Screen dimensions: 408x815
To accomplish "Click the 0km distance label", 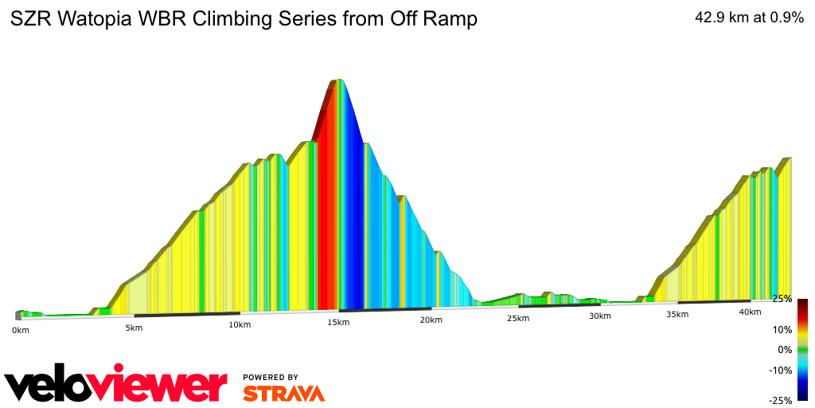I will [21, 330].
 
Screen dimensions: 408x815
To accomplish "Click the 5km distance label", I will [134, 328].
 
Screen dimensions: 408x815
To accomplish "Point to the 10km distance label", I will [240, 324].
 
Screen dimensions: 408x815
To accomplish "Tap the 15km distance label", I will [338, 322].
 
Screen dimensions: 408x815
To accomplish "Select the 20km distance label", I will [431, 320].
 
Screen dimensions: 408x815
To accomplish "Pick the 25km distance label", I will [517, 318].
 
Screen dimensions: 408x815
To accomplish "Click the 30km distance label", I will [599, 316].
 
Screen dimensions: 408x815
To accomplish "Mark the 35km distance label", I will [677, 314].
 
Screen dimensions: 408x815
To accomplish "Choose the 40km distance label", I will [750, 312].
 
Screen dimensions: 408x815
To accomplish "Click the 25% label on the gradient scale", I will [782, 299].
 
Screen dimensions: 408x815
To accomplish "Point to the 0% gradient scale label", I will [785, 349].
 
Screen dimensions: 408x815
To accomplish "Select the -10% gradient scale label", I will [780, 370].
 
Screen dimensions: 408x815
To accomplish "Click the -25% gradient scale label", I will [780, 400].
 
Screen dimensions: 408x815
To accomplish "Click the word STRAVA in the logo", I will [283, 394].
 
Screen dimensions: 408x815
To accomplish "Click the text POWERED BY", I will [271, 377].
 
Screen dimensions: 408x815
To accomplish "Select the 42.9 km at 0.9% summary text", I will [749, 18].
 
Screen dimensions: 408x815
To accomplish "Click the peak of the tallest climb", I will [338, 80].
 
